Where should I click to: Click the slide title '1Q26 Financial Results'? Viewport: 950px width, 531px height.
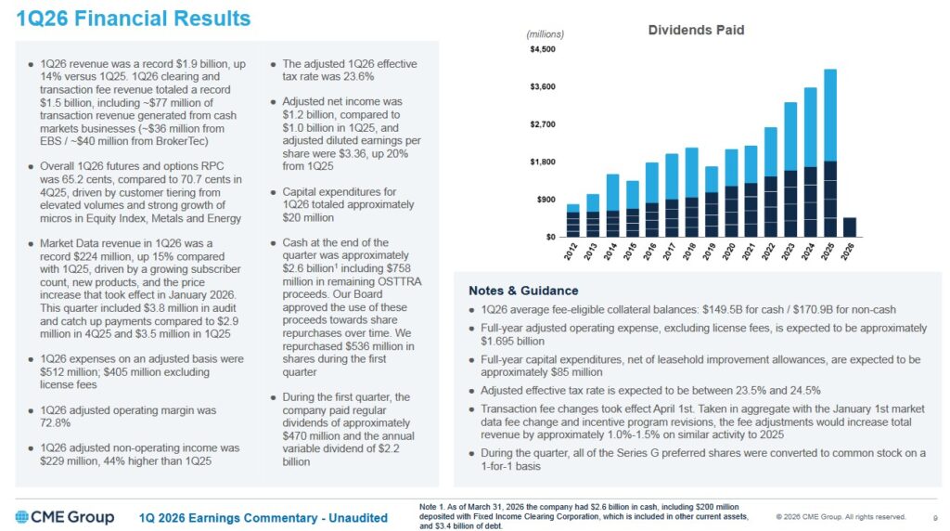coord(134,18)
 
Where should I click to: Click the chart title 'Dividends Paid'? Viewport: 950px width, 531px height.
coord(695,30)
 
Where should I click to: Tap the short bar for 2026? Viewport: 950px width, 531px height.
coord(850,227)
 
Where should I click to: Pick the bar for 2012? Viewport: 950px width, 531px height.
coord(572,221)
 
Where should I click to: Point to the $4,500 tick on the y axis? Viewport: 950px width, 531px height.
coord(543,49)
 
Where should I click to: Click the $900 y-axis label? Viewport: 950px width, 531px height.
coord(545,200)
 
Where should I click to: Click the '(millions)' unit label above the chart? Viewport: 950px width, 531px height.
coord(545,34)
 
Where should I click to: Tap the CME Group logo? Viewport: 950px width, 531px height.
coord(64,517)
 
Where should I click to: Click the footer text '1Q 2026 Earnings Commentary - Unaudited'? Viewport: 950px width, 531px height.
coord(263,518)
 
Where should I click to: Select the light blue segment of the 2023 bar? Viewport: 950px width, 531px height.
coord(791,136)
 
